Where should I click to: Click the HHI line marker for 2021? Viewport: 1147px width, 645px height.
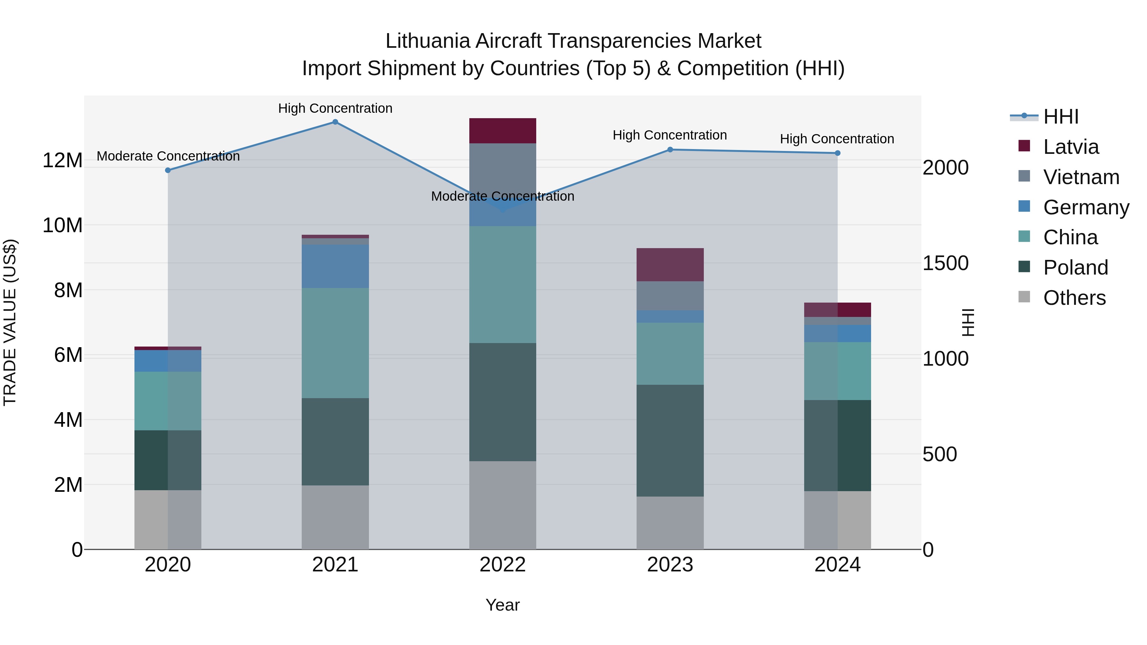[335, 122]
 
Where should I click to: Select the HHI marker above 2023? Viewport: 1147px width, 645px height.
[670, 150]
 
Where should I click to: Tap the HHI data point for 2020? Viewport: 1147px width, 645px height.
[168, 170]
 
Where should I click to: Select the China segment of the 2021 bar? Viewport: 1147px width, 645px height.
[335, 343]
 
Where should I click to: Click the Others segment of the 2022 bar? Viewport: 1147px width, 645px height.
[503, 505]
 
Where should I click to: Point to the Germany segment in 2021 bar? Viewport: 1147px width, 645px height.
[335, 266]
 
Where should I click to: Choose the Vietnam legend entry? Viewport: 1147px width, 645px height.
[1081, 177]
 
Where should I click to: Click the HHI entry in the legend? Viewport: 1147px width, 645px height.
[1061, 117]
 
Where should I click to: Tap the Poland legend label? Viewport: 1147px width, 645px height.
[1075, 268]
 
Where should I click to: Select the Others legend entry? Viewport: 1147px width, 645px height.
[1074, 298]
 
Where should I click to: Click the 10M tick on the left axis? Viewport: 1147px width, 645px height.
[62, 225]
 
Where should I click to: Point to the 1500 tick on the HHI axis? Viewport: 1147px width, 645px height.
[945, 263]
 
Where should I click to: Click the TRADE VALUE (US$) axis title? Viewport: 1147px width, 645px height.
[10, 322]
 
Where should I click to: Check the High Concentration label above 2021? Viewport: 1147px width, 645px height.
[335, 108]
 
